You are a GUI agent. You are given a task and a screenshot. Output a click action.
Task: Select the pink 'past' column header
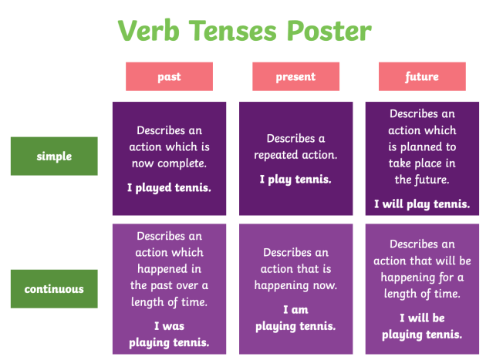point(169,76)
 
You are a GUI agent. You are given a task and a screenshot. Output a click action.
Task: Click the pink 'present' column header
point(295,76)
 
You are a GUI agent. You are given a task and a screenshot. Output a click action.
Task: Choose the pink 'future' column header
point(422,76)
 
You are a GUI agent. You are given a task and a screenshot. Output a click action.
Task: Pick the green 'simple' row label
point(54,156)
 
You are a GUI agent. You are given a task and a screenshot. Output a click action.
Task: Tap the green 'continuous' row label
point(54,289)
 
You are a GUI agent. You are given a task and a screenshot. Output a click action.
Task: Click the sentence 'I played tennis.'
point(169,187)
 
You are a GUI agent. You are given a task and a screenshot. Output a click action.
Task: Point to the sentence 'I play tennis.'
point(295,179)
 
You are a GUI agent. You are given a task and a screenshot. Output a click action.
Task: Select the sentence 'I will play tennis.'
point(422,204)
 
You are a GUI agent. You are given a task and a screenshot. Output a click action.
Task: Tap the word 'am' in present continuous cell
point(301,310)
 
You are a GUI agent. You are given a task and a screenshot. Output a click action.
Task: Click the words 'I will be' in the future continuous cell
point(422,318)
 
